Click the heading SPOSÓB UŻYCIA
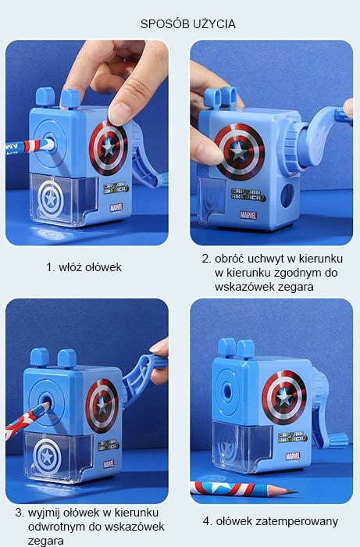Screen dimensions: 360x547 [188, 23]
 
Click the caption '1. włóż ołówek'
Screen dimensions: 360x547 [84, 267]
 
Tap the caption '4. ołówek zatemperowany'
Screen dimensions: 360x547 [270, 521]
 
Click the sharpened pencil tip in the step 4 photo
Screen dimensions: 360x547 [292, 492]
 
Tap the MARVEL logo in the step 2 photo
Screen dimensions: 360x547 [248, 215]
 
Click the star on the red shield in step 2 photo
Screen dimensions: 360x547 [239, 152]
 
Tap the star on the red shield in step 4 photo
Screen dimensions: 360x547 [284, 397]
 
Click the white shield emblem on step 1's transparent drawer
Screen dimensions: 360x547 [51, 199]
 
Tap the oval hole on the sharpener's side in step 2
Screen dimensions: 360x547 [287, 195]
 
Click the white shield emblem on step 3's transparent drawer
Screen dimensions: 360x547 [47, 456]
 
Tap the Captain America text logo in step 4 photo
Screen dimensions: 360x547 [293, 438]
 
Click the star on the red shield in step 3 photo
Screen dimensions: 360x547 [102, 406]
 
